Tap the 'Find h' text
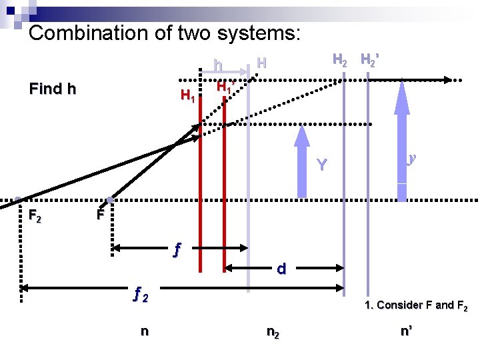(x=53, y=89)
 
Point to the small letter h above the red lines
(x=218, y=65)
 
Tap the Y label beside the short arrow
(x=322, y=164)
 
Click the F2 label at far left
(x=35, y=216)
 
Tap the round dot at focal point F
(x=109, y=200)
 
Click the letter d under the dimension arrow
(x=281, y=269)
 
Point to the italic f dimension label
(x=177, y=250)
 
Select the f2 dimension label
(x=141, y=293)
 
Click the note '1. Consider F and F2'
(x=416, y=306)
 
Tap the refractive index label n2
(x=273, y=331)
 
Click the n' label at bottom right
(x=407, y=331)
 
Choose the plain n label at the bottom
(x=144, y=331)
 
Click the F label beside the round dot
(x=99, y=215)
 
